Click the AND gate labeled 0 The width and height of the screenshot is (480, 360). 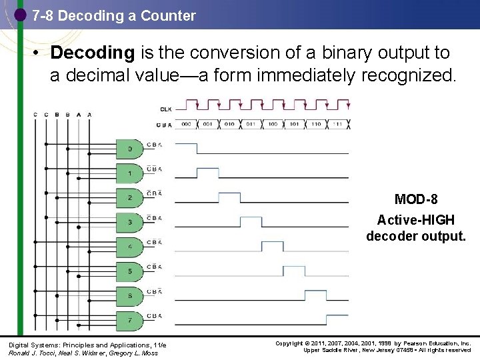(130, 149)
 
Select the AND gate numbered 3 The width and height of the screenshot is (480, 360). (130, 222)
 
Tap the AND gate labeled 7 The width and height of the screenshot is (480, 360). (130, 320)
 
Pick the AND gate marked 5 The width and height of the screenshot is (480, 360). (130, 271)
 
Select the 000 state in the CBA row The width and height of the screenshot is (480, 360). (187, 124)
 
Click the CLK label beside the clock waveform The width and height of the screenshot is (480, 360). (165, 109)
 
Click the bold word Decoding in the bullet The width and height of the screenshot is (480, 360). (92, 53)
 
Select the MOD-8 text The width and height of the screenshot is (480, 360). (415, 199)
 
